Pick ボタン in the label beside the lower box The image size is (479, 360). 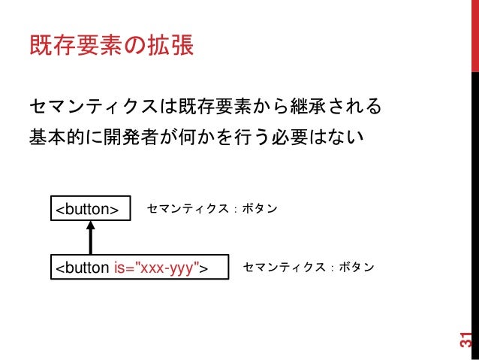[356, 268]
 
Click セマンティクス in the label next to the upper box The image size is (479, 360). [187, 209]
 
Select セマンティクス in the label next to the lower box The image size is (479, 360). [283, 268]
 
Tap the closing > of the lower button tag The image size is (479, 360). [204, 268]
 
